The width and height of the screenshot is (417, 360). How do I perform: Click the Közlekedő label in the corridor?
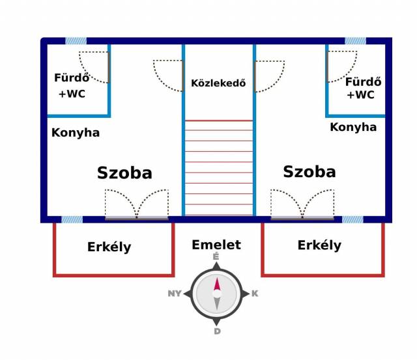(218, 83)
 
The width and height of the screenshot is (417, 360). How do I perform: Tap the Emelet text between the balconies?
(216, 245)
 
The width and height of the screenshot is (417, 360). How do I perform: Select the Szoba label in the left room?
(124, 173)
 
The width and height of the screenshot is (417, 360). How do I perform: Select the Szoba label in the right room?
(309, 171)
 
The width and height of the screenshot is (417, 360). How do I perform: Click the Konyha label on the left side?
(76, 133)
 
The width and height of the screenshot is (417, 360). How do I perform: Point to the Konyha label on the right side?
(353, 127)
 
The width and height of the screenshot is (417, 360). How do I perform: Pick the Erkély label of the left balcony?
(109, 247)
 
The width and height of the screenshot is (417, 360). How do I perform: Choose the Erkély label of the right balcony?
(319, 245)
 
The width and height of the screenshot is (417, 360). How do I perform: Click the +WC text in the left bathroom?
(72, 94)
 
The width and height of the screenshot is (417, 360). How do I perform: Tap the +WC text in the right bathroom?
(360, 95)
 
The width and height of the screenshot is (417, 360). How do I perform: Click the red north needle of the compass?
(217, 284)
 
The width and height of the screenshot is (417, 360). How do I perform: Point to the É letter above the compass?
(216, 256)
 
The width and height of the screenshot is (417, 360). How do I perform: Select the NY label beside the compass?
(175, 294)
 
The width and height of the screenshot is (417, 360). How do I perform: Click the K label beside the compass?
(255, 294)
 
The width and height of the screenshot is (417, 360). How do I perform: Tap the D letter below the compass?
(217, 331)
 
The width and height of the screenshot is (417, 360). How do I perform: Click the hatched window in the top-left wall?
(76, 41)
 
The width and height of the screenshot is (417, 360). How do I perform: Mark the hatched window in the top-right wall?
(355, 41)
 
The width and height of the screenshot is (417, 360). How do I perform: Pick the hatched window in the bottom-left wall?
(72, 219)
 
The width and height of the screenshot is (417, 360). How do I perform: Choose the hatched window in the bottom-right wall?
(352, 219)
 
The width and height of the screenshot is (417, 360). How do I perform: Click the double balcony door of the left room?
(137, 218)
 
